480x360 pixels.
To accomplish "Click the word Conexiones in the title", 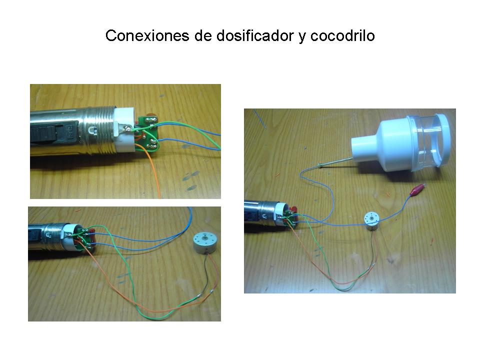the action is pos(147,35).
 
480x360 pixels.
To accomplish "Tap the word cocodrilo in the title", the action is pos(342,35).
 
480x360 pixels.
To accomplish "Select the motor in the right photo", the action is pos(372,221).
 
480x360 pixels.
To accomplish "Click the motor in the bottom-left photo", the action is pos(205,243).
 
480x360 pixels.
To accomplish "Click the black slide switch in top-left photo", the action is pos(53,132).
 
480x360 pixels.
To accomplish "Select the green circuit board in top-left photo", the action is pos(148,133).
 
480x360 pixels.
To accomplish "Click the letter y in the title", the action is pos(302,37).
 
